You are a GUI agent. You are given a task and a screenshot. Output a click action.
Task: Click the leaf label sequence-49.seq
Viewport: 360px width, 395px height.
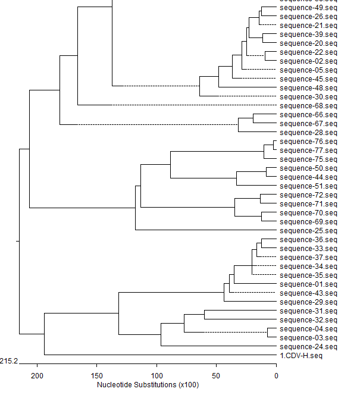[308, 8]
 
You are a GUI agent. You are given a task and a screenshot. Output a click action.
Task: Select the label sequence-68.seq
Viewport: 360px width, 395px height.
[308, 106]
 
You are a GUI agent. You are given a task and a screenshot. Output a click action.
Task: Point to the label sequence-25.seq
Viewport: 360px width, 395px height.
[308, 231]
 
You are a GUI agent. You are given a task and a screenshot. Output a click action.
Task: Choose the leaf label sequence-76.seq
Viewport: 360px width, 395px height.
[308, 142]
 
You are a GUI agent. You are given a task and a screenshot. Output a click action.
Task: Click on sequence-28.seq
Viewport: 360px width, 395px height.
[308, 133]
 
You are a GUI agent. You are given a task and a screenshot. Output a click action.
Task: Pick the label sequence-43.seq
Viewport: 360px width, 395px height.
[308, 293]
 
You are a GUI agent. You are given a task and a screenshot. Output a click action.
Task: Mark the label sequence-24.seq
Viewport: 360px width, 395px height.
[308, 347]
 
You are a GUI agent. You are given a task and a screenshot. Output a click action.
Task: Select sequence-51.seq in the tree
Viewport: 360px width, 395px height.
[308, 186]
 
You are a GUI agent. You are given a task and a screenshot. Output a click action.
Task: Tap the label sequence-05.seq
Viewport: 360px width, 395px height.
[308, 70]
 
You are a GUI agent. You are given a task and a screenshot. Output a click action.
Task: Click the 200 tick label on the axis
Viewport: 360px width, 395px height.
[37, 375]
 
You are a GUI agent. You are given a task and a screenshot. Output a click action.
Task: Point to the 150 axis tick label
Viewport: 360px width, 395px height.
[97, 375]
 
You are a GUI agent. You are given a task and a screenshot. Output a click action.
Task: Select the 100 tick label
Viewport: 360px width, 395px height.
[156, 375]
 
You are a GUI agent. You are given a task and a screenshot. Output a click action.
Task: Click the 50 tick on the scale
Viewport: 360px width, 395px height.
[216, 375]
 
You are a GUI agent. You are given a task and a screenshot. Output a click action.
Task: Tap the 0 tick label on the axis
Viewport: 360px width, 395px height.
[276, 375]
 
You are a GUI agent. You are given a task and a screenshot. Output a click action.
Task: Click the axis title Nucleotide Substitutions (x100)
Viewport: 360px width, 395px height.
[148, 385]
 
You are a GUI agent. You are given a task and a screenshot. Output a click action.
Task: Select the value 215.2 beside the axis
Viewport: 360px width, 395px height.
[10, 361]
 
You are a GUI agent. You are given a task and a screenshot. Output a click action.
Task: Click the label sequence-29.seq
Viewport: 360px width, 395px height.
[308, 302]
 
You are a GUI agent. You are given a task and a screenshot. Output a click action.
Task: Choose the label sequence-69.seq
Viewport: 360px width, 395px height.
[308, 222]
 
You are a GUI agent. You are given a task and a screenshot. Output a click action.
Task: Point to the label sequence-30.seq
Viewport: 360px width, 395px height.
[308, 97]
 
